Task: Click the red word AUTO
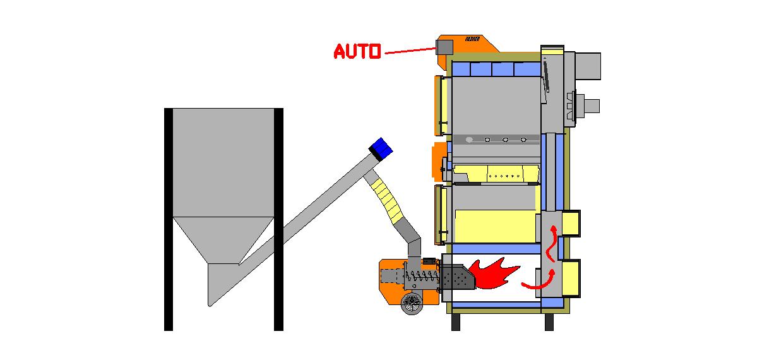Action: [357, 52]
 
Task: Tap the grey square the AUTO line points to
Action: [444, 47]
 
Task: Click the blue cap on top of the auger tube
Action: [381, 148]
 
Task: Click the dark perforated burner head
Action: [454, 277]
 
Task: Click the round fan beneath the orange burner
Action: [412, 303]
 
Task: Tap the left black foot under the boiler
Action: [455, 322]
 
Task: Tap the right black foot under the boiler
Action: [549, 322]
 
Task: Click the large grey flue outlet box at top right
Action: [586, 66]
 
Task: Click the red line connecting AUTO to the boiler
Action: [408, 50]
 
